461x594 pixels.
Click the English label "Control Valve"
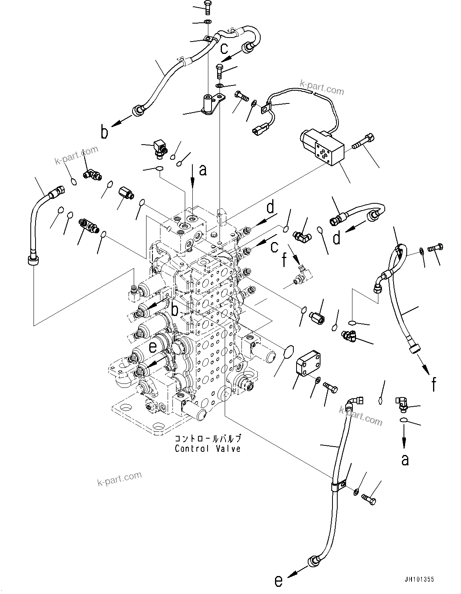(208, 448)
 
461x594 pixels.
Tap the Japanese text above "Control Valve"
(208, 438)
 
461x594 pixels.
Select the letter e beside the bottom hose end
(279, 581)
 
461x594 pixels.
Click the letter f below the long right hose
(433, 384)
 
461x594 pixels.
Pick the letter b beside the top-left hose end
(105, 132)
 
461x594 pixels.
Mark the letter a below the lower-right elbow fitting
(405, 460)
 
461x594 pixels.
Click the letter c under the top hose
(224, 48)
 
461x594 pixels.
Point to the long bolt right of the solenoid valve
(363, 143)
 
